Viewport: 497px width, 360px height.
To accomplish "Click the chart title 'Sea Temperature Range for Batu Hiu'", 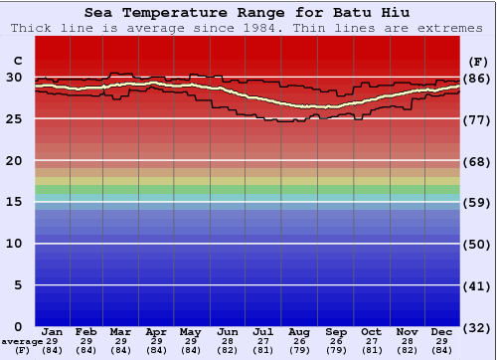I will [x=248, y=13].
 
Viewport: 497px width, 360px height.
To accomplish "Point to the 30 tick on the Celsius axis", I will [x=14, y=77].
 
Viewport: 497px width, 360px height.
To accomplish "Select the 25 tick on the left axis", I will [x=14, y=118].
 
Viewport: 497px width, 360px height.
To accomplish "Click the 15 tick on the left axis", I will [x=14, y=202].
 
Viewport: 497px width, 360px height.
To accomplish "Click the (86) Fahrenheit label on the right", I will [x=478, y=79].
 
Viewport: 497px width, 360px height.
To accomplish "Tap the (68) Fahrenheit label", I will [x=478, y=161].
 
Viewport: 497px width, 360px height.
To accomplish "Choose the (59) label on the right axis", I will [x=478, y=203].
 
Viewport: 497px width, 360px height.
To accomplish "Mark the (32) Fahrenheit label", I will [x=478, y=327].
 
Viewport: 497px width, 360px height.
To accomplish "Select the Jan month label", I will [x=53, y=332].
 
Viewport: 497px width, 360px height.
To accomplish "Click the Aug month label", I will [x=299, y=332].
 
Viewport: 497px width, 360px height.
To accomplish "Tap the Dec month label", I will [x=442, y=332].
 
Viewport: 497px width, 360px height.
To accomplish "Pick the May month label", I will [x=192, y=332].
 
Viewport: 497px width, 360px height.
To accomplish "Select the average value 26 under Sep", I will [x=335, y=341].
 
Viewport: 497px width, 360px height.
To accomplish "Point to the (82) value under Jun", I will [x=228, y=350].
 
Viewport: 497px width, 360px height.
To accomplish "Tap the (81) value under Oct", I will [x=371, y=350].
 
